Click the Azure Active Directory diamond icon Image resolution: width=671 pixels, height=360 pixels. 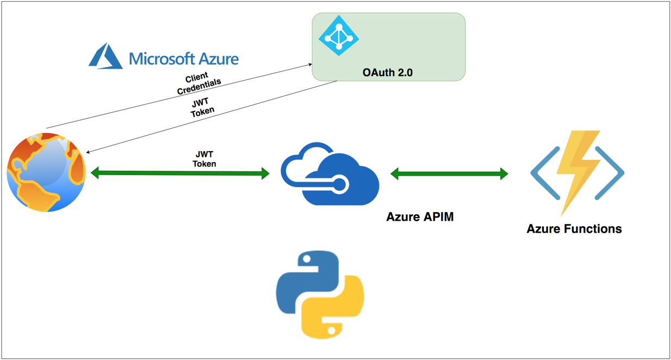coord(338,36)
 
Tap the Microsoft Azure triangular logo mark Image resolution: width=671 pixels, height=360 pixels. coord(106,56)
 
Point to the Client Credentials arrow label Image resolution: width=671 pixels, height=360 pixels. coord(198,83)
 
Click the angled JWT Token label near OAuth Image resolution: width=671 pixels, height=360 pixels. coord(202,107)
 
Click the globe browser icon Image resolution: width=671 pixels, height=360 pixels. coord(47,172)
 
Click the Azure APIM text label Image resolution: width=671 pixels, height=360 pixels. coord(420,217)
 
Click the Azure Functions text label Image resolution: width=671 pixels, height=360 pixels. coord(574,229)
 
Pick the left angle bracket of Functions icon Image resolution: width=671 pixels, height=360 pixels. coord(544,173)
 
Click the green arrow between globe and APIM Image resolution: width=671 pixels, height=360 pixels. coord(179,173)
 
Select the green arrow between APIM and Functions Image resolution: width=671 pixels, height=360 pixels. coord(449,174)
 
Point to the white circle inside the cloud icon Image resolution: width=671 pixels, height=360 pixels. coord(339,186)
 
